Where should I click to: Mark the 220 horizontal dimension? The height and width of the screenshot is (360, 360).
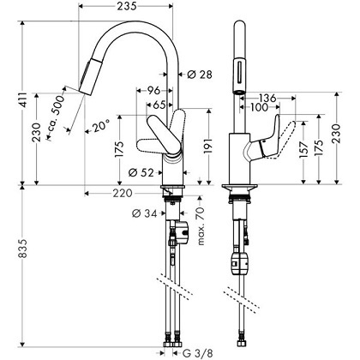coord(122,194)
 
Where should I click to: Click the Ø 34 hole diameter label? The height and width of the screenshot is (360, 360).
coord(142,213)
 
